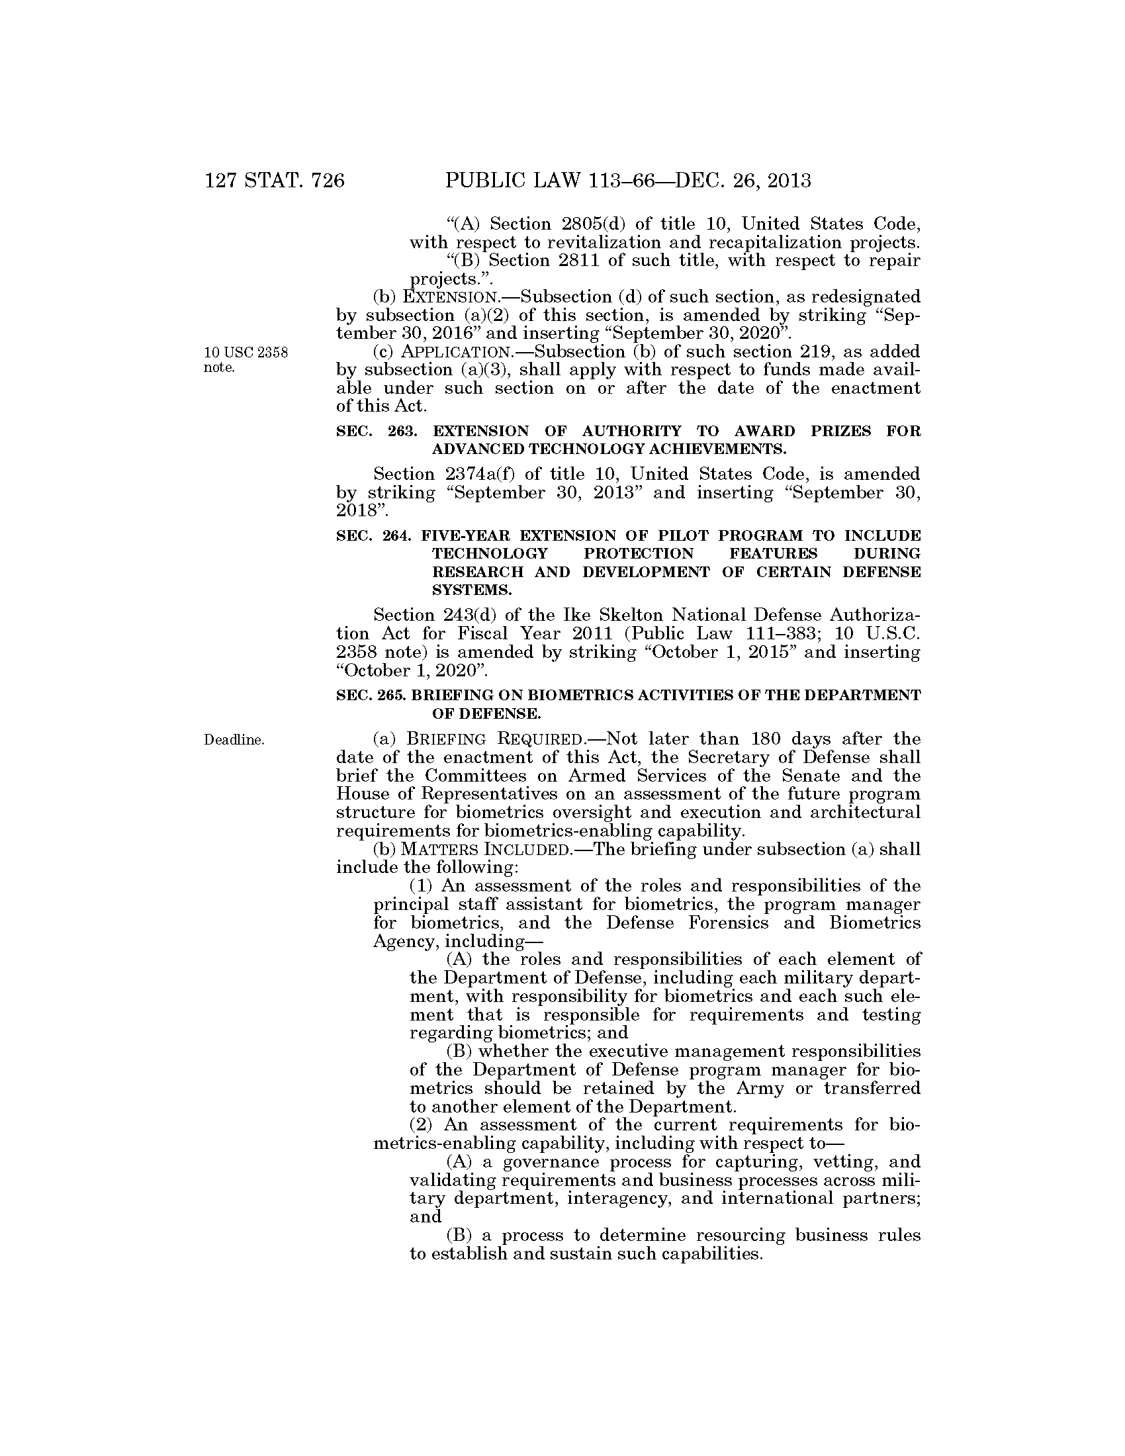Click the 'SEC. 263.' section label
pos(377,432)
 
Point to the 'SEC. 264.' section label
pos(377,535)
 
